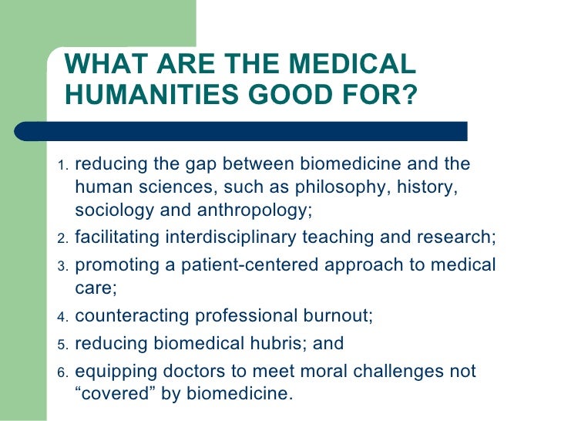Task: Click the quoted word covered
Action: click(x=114, y=393)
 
